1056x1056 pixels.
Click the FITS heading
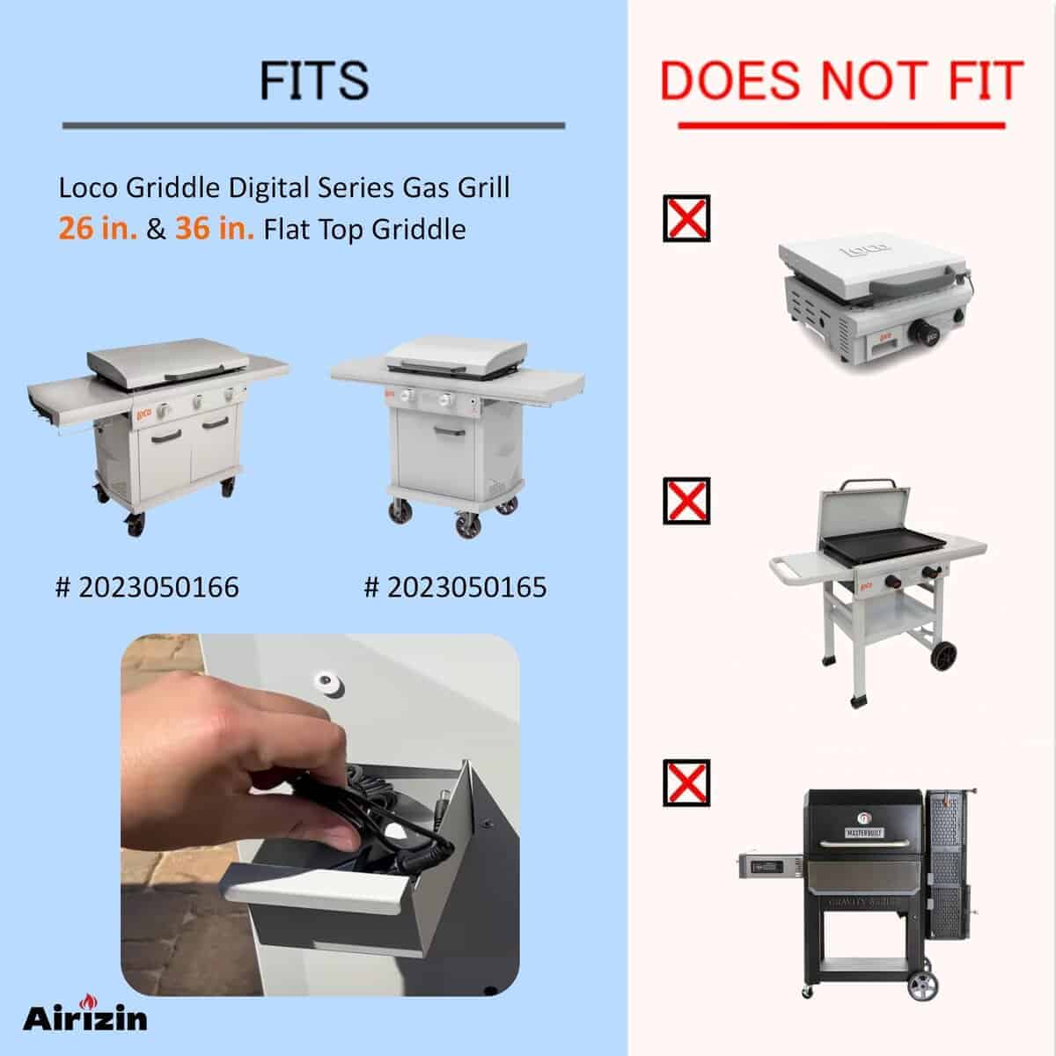point(314,81)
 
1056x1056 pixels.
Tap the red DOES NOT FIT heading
point(841,81)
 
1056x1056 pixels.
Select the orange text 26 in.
point(98,229)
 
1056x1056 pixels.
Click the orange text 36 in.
point(214,229)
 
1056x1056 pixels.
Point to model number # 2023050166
point(147,587)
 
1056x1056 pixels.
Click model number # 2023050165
point(455,587)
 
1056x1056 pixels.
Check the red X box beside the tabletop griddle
point(686,218)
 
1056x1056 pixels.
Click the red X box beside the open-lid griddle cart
point(686,501)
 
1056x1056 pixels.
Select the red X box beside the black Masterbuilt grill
point(686,783)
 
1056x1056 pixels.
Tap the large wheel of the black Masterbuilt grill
point(923,986)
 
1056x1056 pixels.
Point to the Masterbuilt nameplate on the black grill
point(864,833)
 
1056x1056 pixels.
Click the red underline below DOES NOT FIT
point(842,126)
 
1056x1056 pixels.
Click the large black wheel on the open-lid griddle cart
point(944,656)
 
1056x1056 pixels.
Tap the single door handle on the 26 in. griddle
point(450,432)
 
